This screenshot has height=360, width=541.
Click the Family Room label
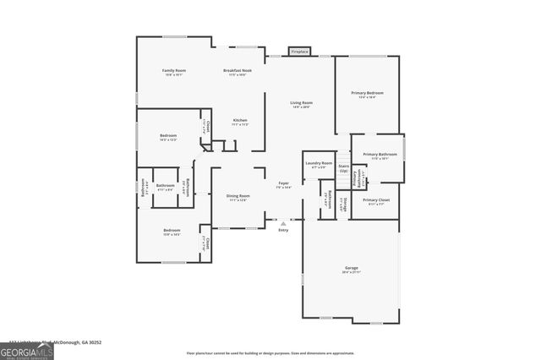(175, 70)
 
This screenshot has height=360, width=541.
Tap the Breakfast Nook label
(235, 70)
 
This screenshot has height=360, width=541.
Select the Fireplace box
(299, 52)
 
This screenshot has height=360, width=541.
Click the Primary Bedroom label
(368, 92)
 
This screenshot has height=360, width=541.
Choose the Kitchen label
(240, 120)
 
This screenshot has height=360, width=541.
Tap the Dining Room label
(237, 195)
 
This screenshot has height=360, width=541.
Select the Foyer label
(283, 183)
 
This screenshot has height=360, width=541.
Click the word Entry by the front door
(283, 230)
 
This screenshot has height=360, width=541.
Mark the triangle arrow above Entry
(283, 223)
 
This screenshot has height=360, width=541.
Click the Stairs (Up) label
(343, 168)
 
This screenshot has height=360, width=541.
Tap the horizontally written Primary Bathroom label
(378, 154)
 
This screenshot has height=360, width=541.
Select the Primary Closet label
(376, 199)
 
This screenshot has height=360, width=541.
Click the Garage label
(351, 268)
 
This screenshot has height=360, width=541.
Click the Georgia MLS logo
(26, 352)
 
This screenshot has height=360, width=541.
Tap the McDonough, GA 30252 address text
(85, 342)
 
